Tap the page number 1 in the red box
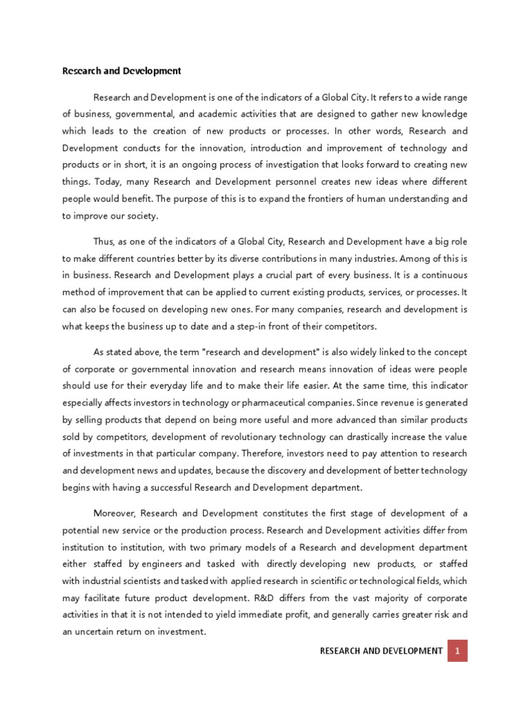(x=457, y=651)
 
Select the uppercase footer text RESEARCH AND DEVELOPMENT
(x=381, y=651)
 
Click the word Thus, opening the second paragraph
(x=105, y=241)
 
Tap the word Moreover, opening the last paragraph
(x=115, y=514)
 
